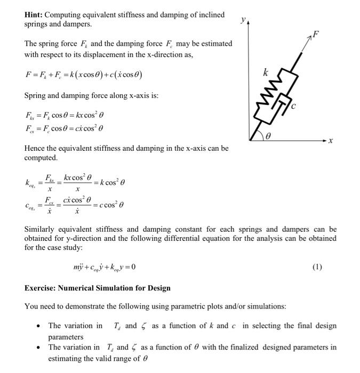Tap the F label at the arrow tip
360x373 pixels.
[316, 35]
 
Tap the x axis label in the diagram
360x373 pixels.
[330, 141]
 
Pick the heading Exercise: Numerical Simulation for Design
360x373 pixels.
[98, 288]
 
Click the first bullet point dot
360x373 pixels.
[39, 326]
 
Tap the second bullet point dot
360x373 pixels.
[39, 347]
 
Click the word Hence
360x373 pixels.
[36, 148]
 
